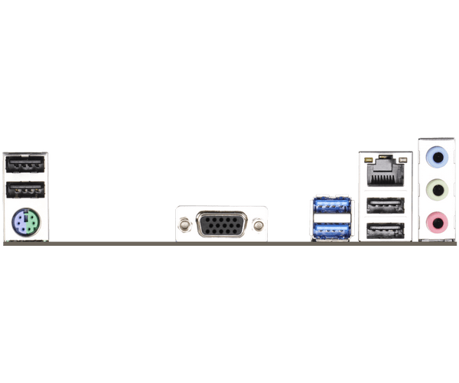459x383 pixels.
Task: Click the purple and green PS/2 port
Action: pyautogui.click(x=26, y=224)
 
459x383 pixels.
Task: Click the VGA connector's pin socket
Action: pyautogui.click(x=222, y=225)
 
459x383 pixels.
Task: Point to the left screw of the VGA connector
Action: pyautogui.click(x=185, y=225)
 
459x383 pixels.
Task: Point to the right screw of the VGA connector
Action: pyautogui.click(x=259, y=225)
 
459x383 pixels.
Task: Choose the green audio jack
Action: pyautogui.click(x=436, y=188)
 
